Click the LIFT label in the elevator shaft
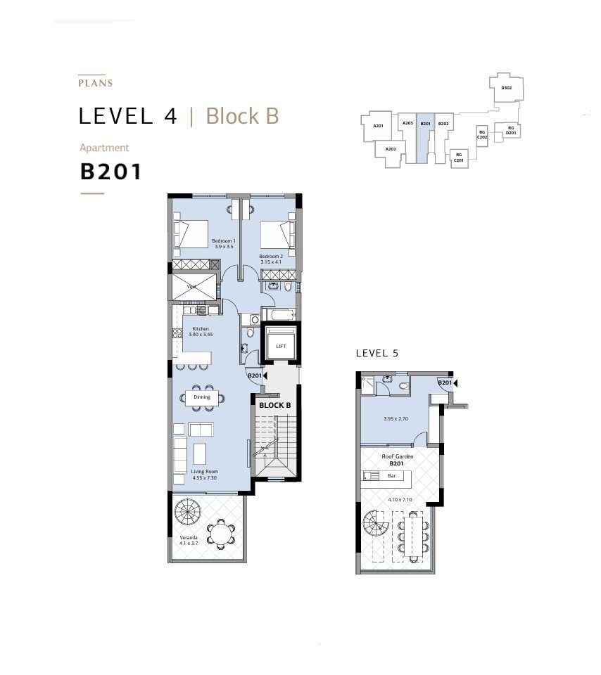point(281,346)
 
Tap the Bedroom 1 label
point(224,240)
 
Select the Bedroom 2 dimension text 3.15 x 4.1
point(270,262)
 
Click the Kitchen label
point(201,328)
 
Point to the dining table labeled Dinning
point(202,397)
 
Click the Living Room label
point(204,471)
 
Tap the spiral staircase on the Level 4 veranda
point(188,512)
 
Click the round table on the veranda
point(220,534)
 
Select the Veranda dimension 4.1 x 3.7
point(189,544)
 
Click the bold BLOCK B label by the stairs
point(275,405)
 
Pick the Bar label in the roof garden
point(391,476)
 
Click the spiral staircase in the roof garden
point(376,524)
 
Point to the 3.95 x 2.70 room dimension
point(396,418)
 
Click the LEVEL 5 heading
point(377,354)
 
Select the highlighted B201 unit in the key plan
point(425,138)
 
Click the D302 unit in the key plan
point(507,88)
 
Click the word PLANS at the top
point(96,83)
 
